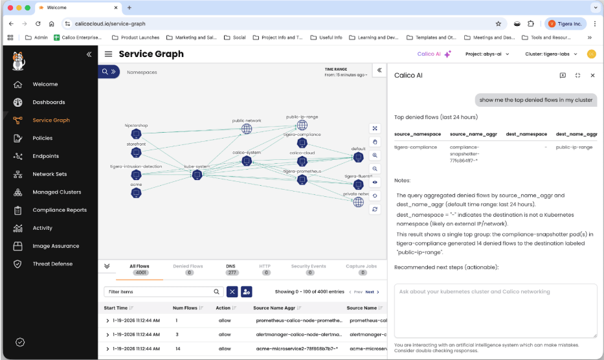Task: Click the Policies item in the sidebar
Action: coord(43,138)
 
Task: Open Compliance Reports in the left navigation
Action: coord(59,210)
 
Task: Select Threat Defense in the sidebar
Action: coord(52,264)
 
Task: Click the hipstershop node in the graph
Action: coord(136,133)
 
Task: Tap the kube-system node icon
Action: coord(197,175)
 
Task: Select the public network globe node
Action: coord(247,129)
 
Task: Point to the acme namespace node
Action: coord(136,192)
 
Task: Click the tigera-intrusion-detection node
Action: coord(136,175)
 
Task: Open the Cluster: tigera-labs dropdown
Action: coord(555,54)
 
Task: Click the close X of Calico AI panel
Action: coord(592,75)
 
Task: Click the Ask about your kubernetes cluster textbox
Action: coord(495,310)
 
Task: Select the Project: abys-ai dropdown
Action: coord(487,54)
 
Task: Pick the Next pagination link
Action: coord(370,292)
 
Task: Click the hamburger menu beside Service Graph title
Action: coord(108,54)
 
